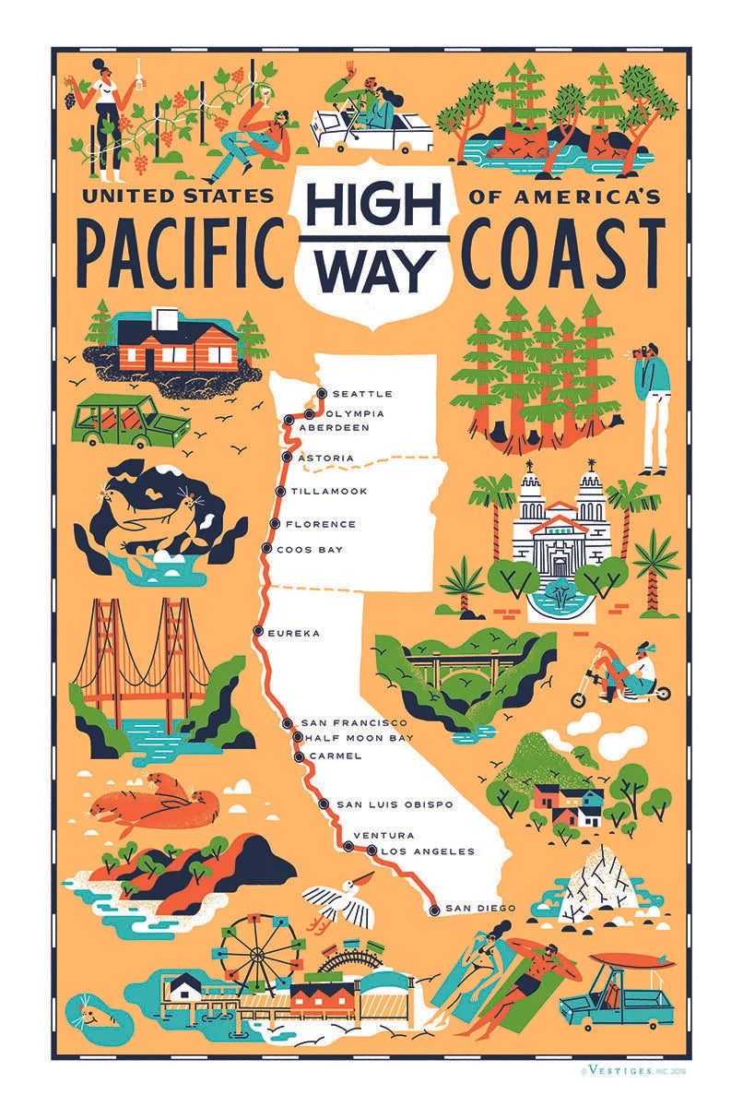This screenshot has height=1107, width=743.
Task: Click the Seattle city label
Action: point(362,395)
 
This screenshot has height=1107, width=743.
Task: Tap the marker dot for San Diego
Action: point(434,910)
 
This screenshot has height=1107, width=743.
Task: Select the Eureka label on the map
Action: point(293,633)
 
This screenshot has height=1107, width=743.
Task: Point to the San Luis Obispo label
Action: point(395,804)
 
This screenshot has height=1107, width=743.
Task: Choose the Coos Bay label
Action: point(314,550)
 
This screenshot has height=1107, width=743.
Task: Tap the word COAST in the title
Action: point(565,252)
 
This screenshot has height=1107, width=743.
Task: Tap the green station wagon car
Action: point(130,423)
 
